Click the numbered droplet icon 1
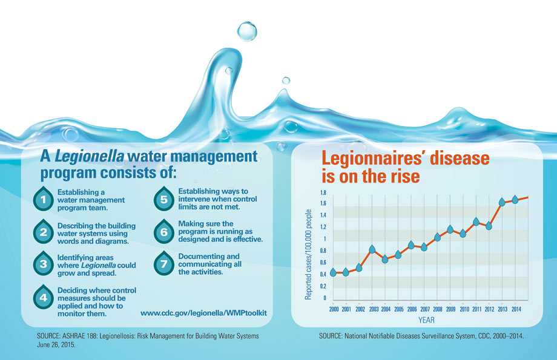[x=42, y=199]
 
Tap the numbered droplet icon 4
[x=42, y=297]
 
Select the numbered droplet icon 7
[x=163, y=264]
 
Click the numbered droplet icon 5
[x=163, y=199]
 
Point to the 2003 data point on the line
[x=372, y=249]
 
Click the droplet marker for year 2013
[x=502, y=202]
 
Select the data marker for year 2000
[x=333, y=272]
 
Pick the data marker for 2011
[x=476, y=222]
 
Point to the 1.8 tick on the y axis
[x=322, y=192]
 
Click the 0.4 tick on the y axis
[x=322, y=274]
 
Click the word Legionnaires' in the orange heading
[x=375, y=159]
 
